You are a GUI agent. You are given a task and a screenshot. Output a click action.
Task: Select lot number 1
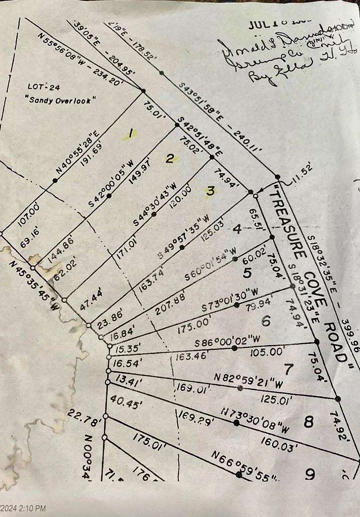130,134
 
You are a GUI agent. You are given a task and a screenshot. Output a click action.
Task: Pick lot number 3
210,190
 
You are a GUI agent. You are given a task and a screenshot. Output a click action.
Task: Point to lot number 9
310,474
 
